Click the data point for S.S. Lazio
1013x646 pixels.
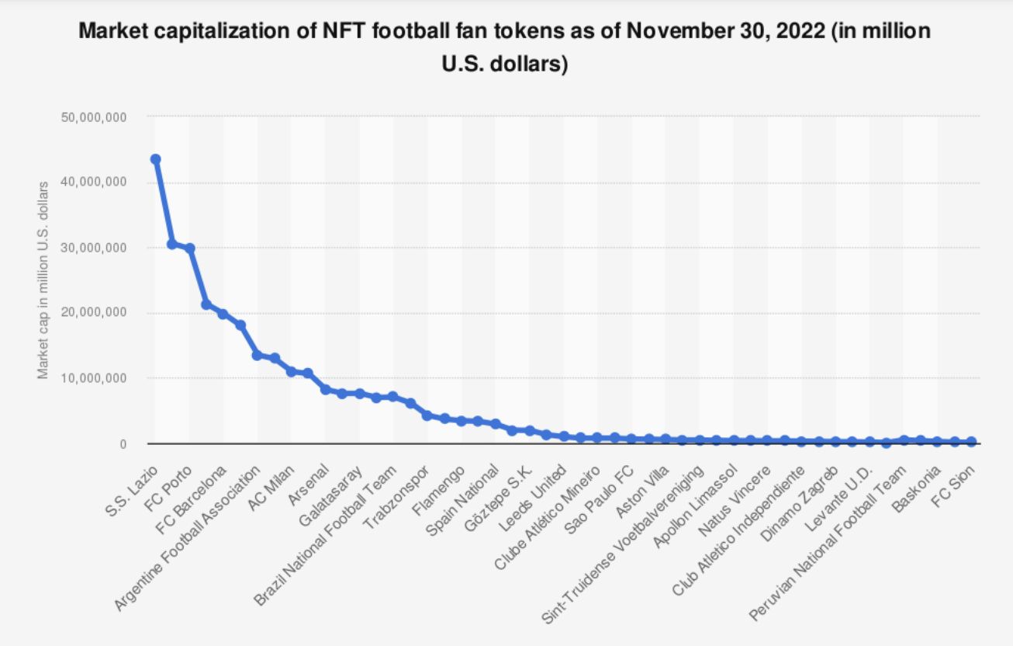pos(155,159)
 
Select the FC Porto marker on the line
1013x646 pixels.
pos(189,248)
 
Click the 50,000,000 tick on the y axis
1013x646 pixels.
pos(93,117)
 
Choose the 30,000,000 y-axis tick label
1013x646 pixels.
pos(93,248)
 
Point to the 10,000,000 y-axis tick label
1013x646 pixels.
pos(93,378)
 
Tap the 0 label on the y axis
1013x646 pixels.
pos(123,444)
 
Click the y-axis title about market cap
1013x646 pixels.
pos(43,280)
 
